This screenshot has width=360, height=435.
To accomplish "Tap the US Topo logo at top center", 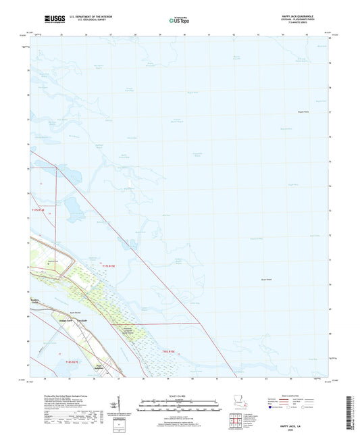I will [x=179, y=20].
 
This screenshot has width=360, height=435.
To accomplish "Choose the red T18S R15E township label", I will [x=168, y=351].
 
